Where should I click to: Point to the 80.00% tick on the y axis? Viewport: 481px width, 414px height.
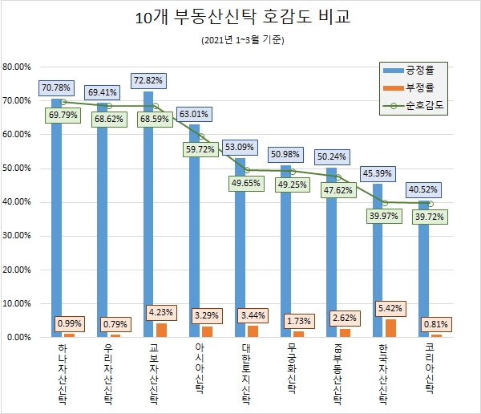tap(17, 67)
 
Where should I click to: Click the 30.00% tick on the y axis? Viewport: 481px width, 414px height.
tap(17, 236)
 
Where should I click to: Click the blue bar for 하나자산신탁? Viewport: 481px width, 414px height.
tap(57, 217)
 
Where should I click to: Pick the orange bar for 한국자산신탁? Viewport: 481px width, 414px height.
tap(390, 328)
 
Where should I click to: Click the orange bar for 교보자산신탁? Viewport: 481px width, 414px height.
tap(161, 330)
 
